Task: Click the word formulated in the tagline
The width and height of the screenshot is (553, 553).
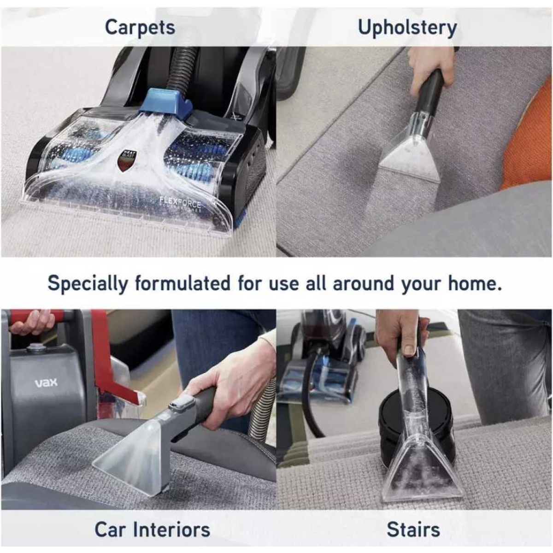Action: click(182, 283)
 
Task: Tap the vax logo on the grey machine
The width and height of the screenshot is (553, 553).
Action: click(46, 382)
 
